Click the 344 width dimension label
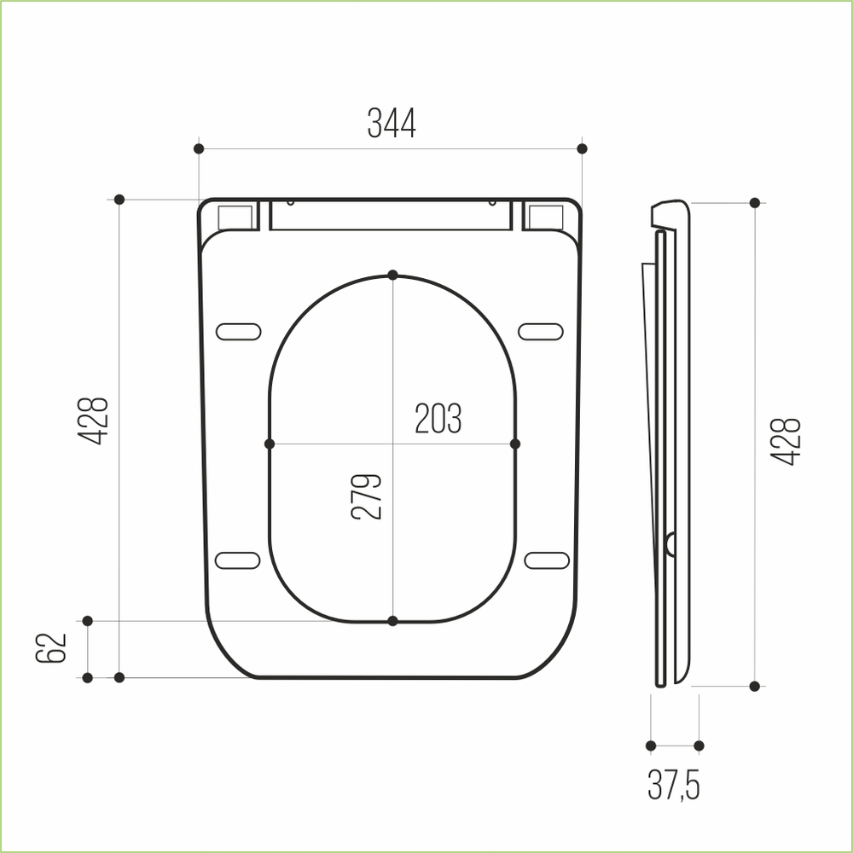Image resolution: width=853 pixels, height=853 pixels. [392, 125]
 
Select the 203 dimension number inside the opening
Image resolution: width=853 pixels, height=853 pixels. [438, 419]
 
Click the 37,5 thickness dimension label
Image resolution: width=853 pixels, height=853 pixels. [674, 786]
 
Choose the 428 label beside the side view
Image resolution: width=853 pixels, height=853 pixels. [786, 441]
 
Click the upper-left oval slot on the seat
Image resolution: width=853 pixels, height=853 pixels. [238, 331]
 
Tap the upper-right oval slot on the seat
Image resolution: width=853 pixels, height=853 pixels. [541, 331]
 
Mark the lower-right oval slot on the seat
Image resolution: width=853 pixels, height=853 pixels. [546, 560]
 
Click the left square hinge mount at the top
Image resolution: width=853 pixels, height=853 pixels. [236, 217]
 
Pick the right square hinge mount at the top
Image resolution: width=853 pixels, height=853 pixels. [545, 217]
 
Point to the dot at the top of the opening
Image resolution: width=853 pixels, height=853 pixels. [392, 275]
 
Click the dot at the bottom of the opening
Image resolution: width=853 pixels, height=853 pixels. [392, 621]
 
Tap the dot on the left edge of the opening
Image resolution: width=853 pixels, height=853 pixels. [270, 444]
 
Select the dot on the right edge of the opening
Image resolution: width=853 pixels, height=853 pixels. [515, 444]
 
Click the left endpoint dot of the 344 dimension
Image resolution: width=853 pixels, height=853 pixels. [199, 148]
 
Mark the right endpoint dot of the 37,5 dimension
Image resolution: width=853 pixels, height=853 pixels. [699, 746]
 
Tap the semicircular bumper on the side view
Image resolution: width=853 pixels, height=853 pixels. [670, 543]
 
